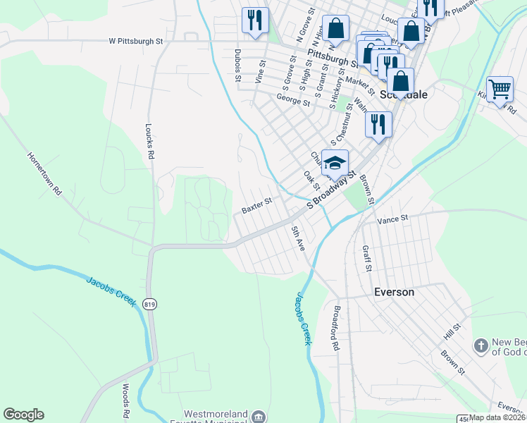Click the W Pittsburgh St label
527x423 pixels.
[136, 42]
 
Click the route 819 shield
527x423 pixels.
[149, 304]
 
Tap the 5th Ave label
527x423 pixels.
[299, 239]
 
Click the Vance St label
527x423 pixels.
[393, 220]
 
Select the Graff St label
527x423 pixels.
[366, 257]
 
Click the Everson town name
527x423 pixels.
[394, 291]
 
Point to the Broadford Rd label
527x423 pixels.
[335, 329]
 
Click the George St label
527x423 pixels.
[293, 102]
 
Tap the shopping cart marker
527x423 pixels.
[500, 90]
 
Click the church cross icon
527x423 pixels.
[480, 346]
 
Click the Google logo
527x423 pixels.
[23, 415]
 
